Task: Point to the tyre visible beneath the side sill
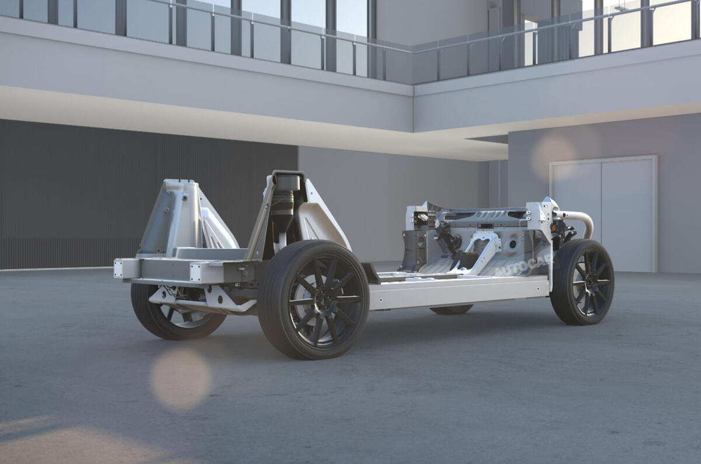tap(451, 309)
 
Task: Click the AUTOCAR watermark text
tap(522, 268)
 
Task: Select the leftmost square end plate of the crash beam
tap(119, 268)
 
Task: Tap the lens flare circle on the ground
tap(181, 378)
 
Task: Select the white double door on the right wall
tap(603, 213)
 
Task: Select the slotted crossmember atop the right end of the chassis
tap(482, 215)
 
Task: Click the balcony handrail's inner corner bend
tap(412, 51)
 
